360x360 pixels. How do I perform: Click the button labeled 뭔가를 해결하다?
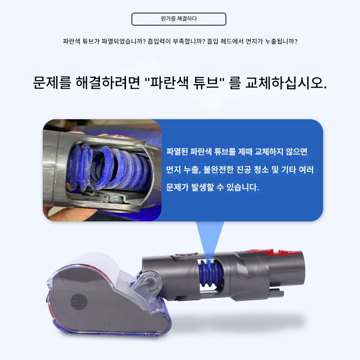[x=179, y=19]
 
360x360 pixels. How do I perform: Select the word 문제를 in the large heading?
[x=52, y=83]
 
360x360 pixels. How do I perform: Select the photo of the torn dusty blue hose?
[x=102, y=170]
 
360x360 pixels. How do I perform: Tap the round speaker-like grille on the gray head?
[x=79, y=301]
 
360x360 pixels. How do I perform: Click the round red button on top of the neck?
[x=186, y=255]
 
